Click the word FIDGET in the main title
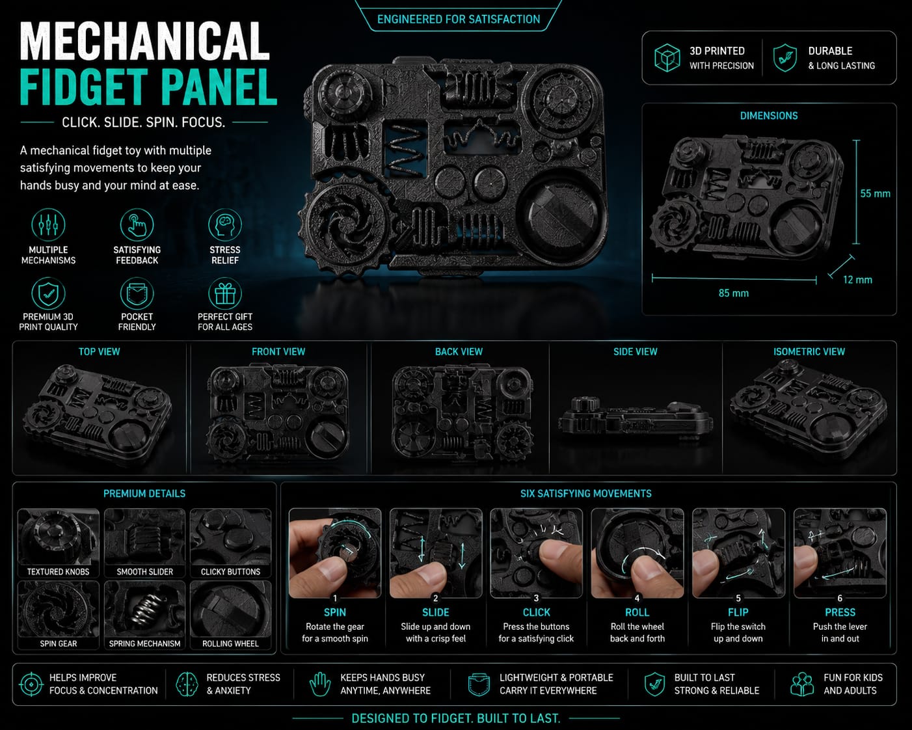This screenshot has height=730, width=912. point(83,87)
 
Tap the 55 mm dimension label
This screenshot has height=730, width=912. point(875,194)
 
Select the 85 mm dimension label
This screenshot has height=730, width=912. point(733,293)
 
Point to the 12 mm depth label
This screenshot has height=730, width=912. point(857,280)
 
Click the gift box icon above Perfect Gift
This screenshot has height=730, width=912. point(225,293)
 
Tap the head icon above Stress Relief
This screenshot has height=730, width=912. point(225,225)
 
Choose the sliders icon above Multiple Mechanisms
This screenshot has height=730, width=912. point(48,225)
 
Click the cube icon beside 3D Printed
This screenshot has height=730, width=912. point(667,58)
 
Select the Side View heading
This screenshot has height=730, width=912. point(636,351)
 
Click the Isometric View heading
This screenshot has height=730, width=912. point(809,351)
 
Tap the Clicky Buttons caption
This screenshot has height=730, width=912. point(230,571)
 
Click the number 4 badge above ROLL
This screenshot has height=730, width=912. point(637,598)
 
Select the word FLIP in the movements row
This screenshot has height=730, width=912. point(738,612)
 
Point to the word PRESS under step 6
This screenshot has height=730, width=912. point(840,612)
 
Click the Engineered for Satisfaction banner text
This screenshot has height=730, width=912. point(459,19)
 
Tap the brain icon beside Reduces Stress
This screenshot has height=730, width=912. point(187,684)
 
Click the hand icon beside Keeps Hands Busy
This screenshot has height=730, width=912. point(320,684)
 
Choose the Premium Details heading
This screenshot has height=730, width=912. point(144,493)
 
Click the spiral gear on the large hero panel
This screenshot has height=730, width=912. point(345,224)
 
